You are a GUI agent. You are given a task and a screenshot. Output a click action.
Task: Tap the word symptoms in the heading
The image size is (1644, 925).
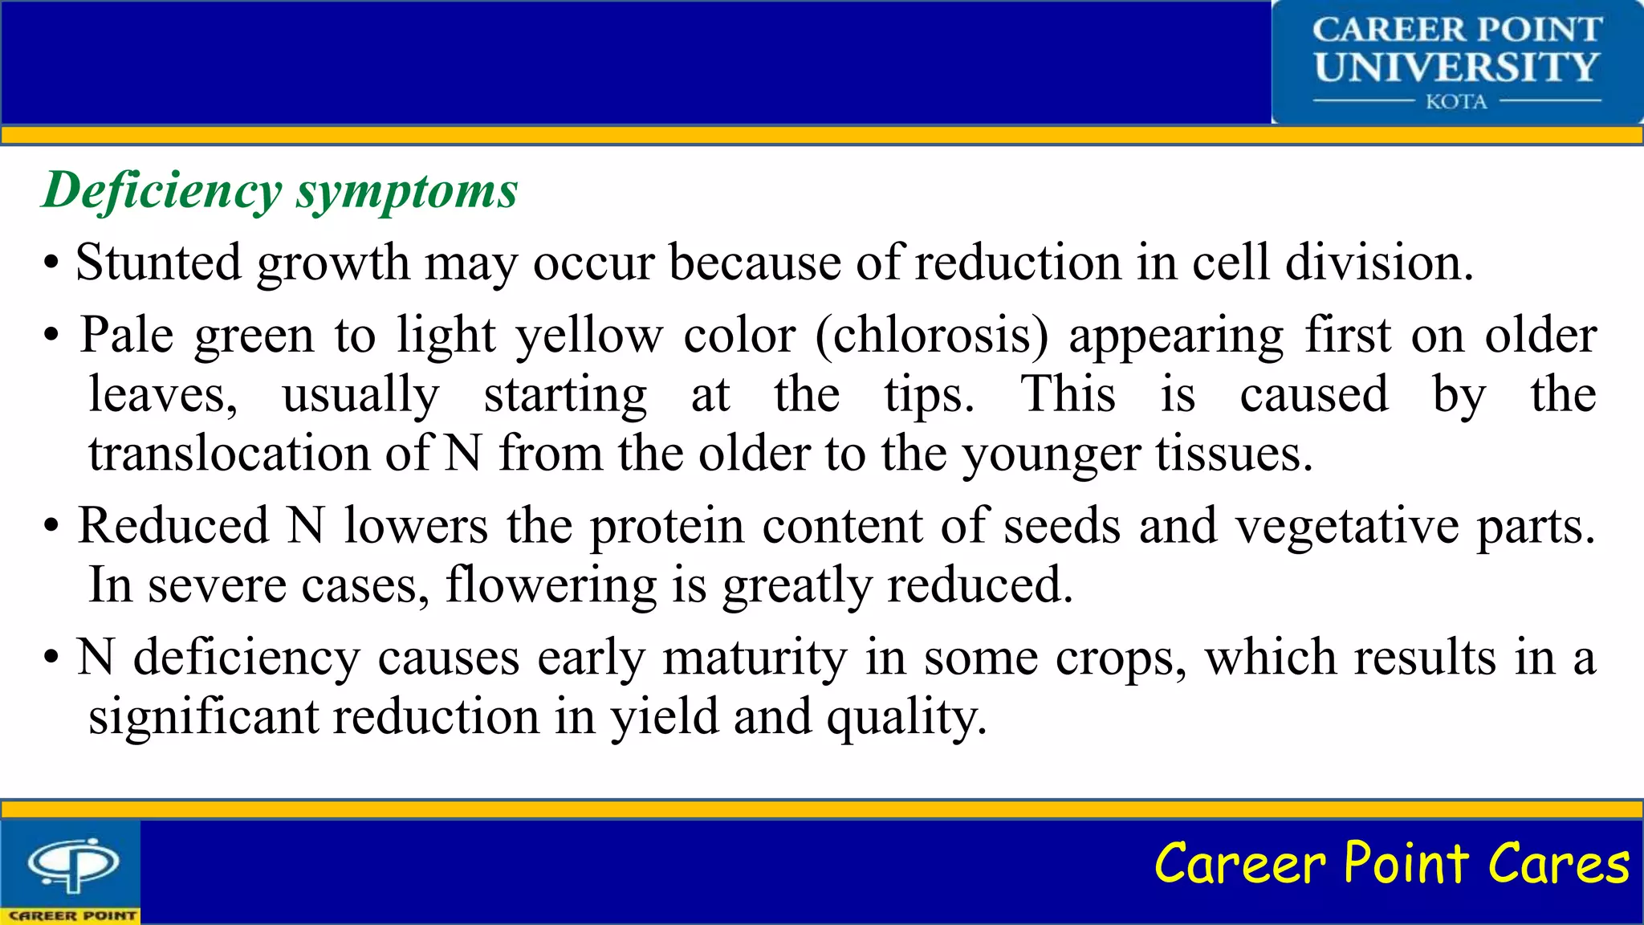407,191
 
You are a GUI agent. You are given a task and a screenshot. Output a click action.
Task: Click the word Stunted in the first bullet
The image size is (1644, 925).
158,263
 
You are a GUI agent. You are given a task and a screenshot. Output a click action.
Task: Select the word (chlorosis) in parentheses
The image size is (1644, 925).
931,335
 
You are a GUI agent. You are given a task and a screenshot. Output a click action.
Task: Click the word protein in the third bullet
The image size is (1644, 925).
667,526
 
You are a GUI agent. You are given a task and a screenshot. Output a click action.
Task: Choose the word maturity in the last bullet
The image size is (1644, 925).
755,658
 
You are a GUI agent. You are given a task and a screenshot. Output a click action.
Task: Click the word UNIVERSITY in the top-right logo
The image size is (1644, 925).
1456,67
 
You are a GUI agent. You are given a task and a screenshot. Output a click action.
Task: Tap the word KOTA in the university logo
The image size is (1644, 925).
1456,102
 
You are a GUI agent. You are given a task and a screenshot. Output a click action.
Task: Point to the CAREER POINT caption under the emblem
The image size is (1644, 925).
71,915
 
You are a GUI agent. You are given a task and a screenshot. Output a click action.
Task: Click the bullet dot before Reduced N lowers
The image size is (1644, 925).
51,528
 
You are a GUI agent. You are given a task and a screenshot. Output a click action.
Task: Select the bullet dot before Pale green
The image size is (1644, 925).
51,336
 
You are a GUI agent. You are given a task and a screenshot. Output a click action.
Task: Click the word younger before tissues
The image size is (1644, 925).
1051,454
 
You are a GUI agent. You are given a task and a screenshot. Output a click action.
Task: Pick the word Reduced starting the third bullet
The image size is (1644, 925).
173,526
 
